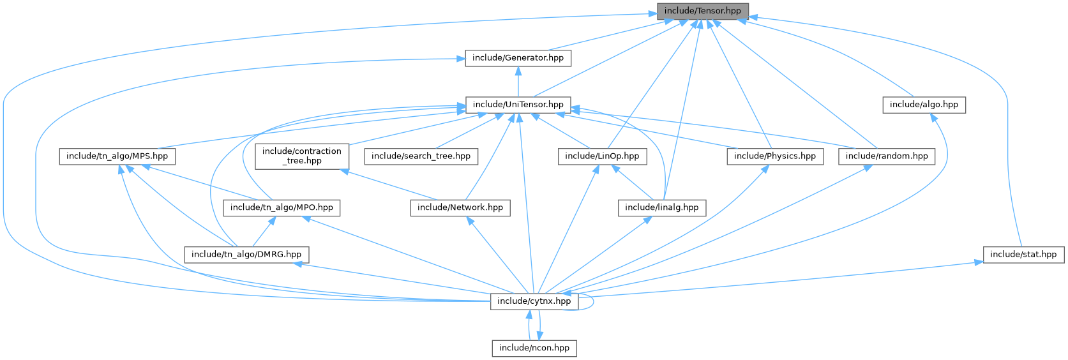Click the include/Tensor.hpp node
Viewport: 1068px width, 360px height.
tap(702, 11)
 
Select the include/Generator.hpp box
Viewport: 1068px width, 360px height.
tap(518, 58)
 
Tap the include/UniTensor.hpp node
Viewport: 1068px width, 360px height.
tap(518, 104)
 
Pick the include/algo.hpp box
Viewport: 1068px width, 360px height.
tap(924, 104)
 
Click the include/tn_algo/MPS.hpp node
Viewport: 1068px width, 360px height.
tap(117, 156)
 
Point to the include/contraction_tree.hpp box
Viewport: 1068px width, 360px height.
tap(303, 156)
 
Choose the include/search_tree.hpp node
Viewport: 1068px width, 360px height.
tap(421, 156)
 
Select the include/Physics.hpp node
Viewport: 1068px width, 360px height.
tap(775, 156)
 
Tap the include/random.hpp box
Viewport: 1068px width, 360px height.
tap(887, 156)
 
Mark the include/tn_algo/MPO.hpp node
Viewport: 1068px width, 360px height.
tap(282, 207)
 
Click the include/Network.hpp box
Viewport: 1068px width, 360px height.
tap(460, 207)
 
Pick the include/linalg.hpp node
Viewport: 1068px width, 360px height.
tap(661, 207)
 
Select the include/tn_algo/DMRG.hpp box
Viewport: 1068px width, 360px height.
tap(246, 254)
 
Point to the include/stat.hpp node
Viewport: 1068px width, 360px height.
tap(1023, 254)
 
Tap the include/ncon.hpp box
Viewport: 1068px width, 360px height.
tap(534, 348)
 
